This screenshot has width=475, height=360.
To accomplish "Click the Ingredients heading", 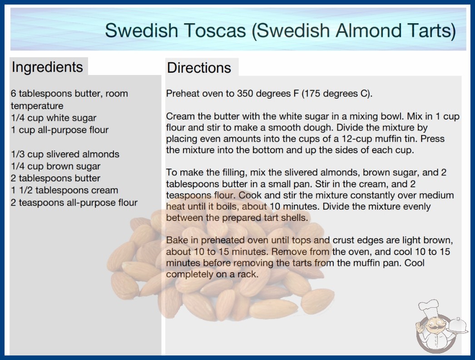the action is [47, 67].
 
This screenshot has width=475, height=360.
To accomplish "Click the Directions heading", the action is [199, 68].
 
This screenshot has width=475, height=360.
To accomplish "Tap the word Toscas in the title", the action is [215, 30].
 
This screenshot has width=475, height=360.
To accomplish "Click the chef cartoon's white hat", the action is [429, 307].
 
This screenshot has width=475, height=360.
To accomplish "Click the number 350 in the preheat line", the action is [245, 94].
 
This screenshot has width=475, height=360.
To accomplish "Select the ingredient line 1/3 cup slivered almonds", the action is [65, 154].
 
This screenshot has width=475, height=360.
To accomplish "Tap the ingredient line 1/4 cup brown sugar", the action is [56, 166].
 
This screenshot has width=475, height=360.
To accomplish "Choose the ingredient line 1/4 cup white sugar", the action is [54, 118].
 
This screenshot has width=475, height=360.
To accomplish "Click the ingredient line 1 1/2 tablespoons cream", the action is [64, 190].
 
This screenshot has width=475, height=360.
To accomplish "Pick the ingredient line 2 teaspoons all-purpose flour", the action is [74, 203].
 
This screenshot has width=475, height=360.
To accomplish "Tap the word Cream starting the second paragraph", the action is [181, 116].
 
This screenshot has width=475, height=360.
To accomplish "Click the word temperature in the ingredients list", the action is [37, 106].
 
